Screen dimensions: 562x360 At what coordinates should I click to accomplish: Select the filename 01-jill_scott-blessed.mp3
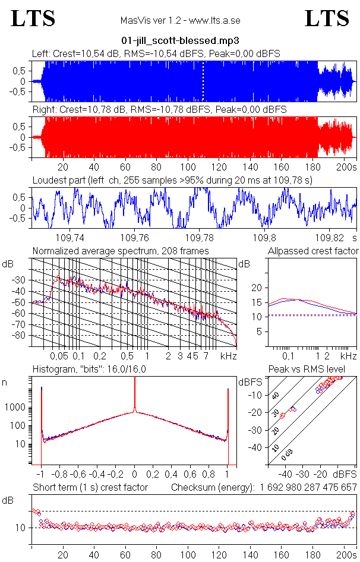point(179,41)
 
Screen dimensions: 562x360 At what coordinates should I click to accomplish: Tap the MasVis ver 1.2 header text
point(180,21)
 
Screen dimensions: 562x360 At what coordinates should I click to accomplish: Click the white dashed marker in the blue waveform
point(203,81)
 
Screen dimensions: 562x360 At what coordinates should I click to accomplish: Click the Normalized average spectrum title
point(121,251)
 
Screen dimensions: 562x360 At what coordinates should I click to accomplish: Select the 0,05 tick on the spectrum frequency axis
point(59,356)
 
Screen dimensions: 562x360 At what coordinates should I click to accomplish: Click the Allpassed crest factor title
point(313,251)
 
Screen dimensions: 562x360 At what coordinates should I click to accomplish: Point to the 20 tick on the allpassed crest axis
point(257,288)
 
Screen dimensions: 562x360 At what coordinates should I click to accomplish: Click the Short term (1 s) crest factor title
point(90,488)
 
